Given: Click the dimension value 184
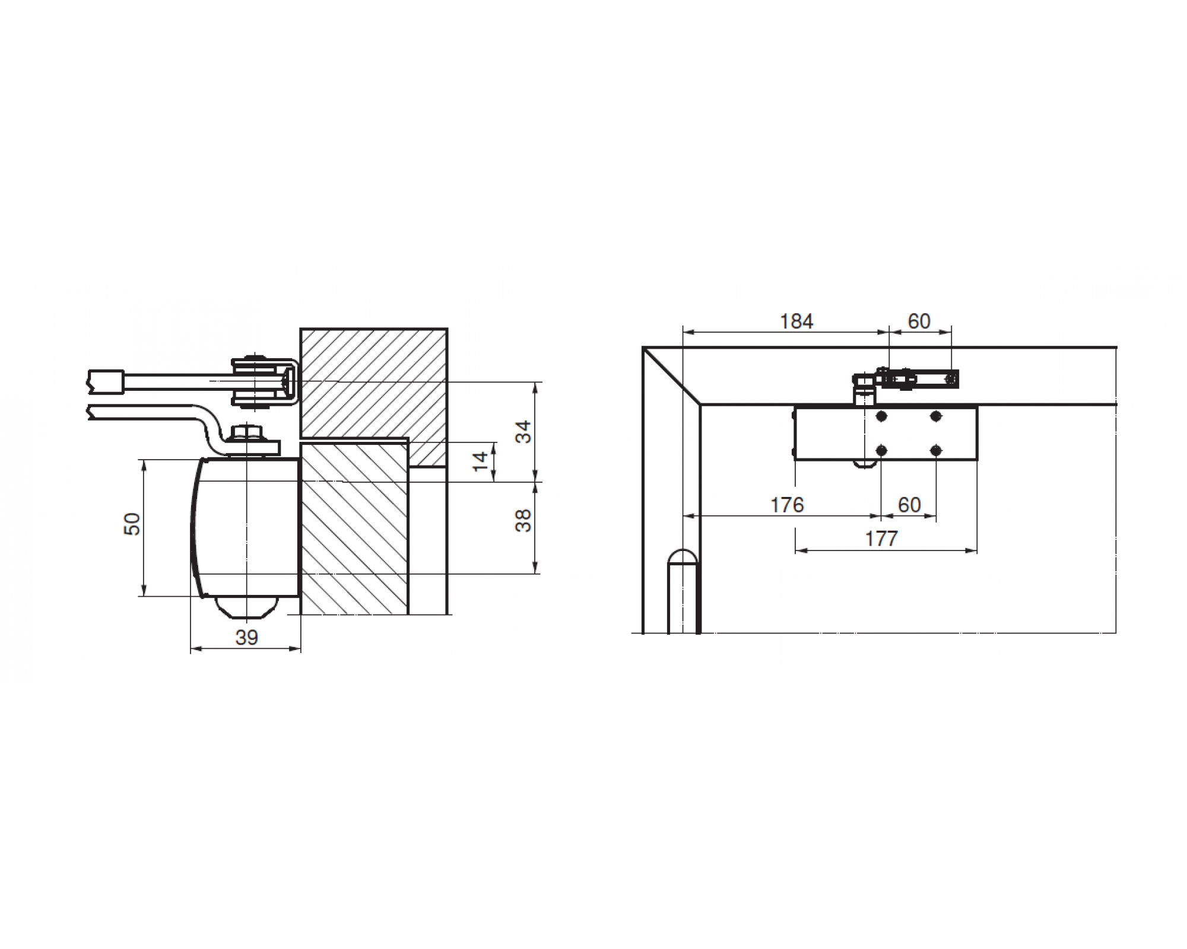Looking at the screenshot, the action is point(796,321).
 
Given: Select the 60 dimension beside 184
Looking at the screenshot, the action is point(919,321).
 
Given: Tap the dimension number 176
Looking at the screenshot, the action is point(786,505).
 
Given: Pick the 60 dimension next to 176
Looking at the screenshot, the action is point(909,505).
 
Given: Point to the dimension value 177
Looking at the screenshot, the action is point(881,539).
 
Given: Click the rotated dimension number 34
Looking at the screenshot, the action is point(523,432).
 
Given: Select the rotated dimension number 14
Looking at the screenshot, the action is point(480,461).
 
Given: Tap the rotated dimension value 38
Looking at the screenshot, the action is point(523,521).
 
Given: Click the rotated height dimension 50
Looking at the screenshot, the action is point(132,524).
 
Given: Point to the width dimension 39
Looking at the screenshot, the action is point(246,638).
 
